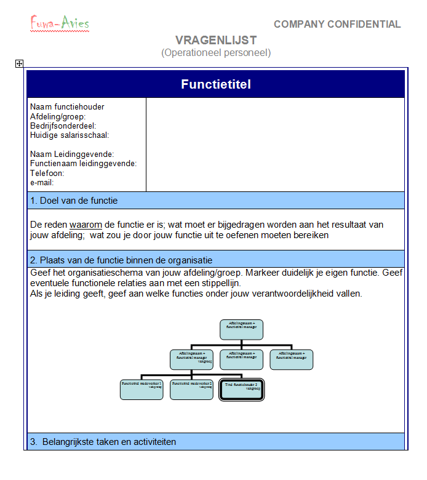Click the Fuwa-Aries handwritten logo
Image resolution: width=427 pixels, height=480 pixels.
point(60,23)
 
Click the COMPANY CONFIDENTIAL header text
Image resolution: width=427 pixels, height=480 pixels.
point(337,25)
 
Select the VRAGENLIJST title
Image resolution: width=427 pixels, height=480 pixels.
point(215,41)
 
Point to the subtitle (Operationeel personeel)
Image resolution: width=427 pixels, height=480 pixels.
point(215,53)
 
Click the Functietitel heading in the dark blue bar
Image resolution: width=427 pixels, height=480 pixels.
point(215,84)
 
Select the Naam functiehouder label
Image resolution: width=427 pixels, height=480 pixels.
point(67,107)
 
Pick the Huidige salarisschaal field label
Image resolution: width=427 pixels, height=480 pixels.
point(73,135)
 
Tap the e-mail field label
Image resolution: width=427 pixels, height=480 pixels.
point(42,183)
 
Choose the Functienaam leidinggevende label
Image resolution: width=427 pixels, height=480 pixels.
point(83,164)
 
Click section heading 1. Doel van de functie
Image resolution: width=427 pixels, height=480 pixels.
point(74,201)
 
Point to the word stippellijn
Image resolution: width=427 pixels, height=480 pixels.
point(219,283)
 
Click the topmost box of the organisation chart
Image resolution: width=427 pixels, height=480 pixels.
point(241,329)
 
